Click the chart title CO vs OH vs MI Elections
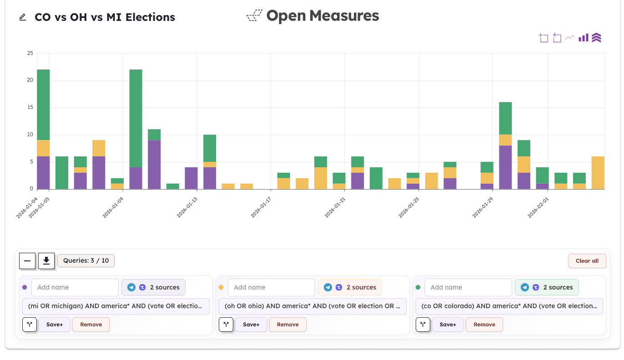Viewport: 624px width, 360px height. (x=105, y=17)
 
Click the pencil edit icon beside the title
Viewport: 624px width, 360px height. (x=23, y=17)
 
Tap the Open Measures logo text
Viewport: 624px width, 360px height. (x=322, y=16)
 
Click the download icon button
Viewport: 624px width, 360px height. (x=46, y=260)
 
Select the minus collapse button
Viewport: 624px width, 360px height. (x=27, y=260)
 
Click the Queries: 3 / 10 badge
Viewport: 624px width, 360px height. (x=86, y=260)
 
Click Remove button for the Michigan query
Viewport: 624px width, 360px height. (x=91, y=325)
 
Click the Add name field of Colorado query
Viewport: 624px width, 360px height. (x=468, y=287)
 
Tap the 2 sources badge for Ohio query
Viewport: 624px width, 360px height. (x=350, y=287)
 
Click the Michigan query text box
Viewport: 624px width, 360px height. (x=116, y=306)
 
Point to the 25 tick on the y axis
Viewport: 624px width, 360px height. (x=30, y=53)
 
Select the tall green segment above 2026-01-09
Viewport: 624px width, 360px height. (x=136, y=118)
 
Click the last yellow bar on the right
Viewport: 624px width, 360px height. (x=598, y=173)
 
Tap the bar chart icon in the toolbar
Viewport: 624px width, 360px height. (x=584, y=38)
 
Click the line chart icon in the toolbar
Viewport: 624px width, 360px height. (x=570, y=38)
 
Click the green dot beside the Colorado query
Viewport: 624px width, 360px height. (x=418, y=287)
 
